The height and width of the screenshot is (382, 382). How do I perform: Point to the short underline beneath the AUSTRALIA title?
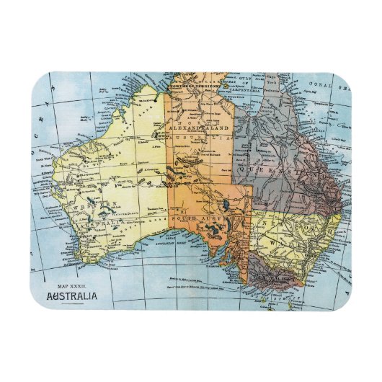75,304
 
